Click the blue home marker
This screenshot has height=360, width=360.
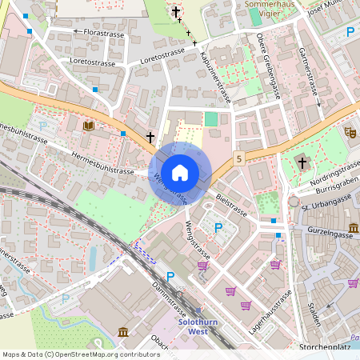pyautogui.click(x=180, y=172)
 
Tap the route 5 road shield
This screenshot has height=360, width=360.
pyautogui.click(x=239, y=160)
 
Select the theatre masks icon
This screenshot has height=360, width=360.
pyautogui.click(x=350, y=132)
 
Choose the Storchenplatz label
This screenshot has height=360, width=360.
pyautogui.click(x=327, y=347)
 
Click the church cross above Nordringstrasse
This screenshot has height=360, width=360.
pyautogui.click(x=302, y=163)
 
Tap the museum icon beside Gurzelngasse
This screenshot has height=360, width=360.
pyautogui.click(x=353, y=228)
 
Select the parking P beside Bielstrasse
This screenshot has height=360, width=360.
pyautogui.click(x=218, y=228)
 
